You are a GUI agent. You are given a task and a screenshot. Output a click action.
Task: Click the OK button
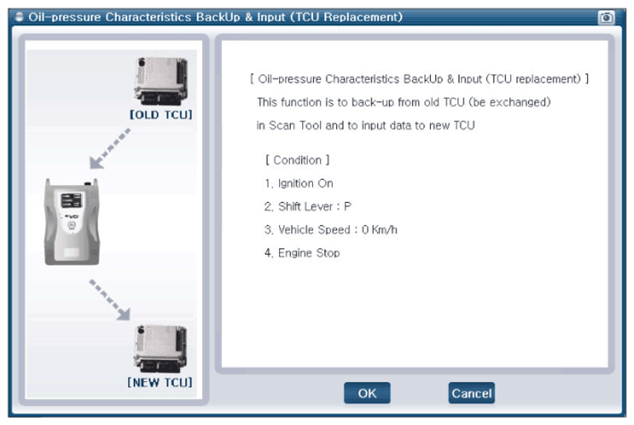367,393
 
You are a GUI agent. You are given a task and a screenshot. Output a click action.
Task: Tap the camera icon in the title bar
606,17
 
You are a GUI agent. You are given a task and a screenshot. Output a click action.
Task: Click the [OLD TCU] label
161,115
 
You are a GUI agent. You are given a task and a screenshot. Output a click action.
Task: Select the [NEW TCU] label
159,383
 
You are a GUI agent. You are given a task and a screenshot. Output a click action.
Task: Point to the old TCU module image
161,81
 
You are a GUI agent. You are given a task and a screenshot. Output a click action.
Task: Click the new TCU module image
160,349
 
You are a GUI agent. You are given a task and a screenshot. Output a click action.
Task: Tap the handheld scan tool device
72,222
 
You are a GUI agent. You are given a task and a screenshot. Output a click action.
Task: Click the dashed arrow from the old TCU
110,149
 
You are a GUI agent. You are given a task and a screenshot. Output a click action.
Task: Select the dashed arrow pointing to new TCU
110,300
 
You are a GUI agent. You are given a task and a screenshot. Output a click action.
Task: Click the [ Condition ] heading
297,160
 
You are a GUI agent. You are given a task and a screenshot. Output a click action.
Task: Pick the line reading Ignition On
299,183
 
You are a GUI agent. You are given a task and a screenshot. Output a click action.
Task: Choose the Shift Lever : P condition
308,206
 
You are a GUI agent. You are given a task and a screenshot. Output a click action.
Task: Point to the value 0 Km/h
379,230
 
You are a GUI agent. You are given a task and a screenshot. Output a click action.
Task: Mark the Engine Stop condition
302,253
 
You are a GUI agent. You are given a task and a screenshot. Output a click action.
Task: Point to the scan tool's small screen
72,200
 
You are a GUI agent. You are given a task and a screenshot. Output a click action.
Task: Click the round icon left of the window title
19,17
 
